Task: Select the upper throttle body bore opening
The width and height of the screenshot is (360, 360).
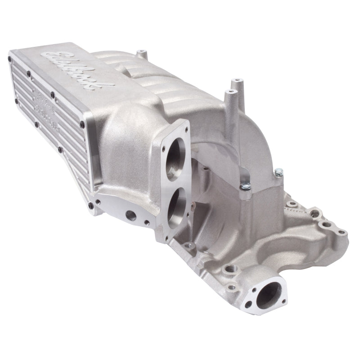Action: point(176,160)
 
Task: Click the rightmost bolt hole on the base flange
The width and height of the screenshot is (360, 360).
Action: point(342,232)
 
